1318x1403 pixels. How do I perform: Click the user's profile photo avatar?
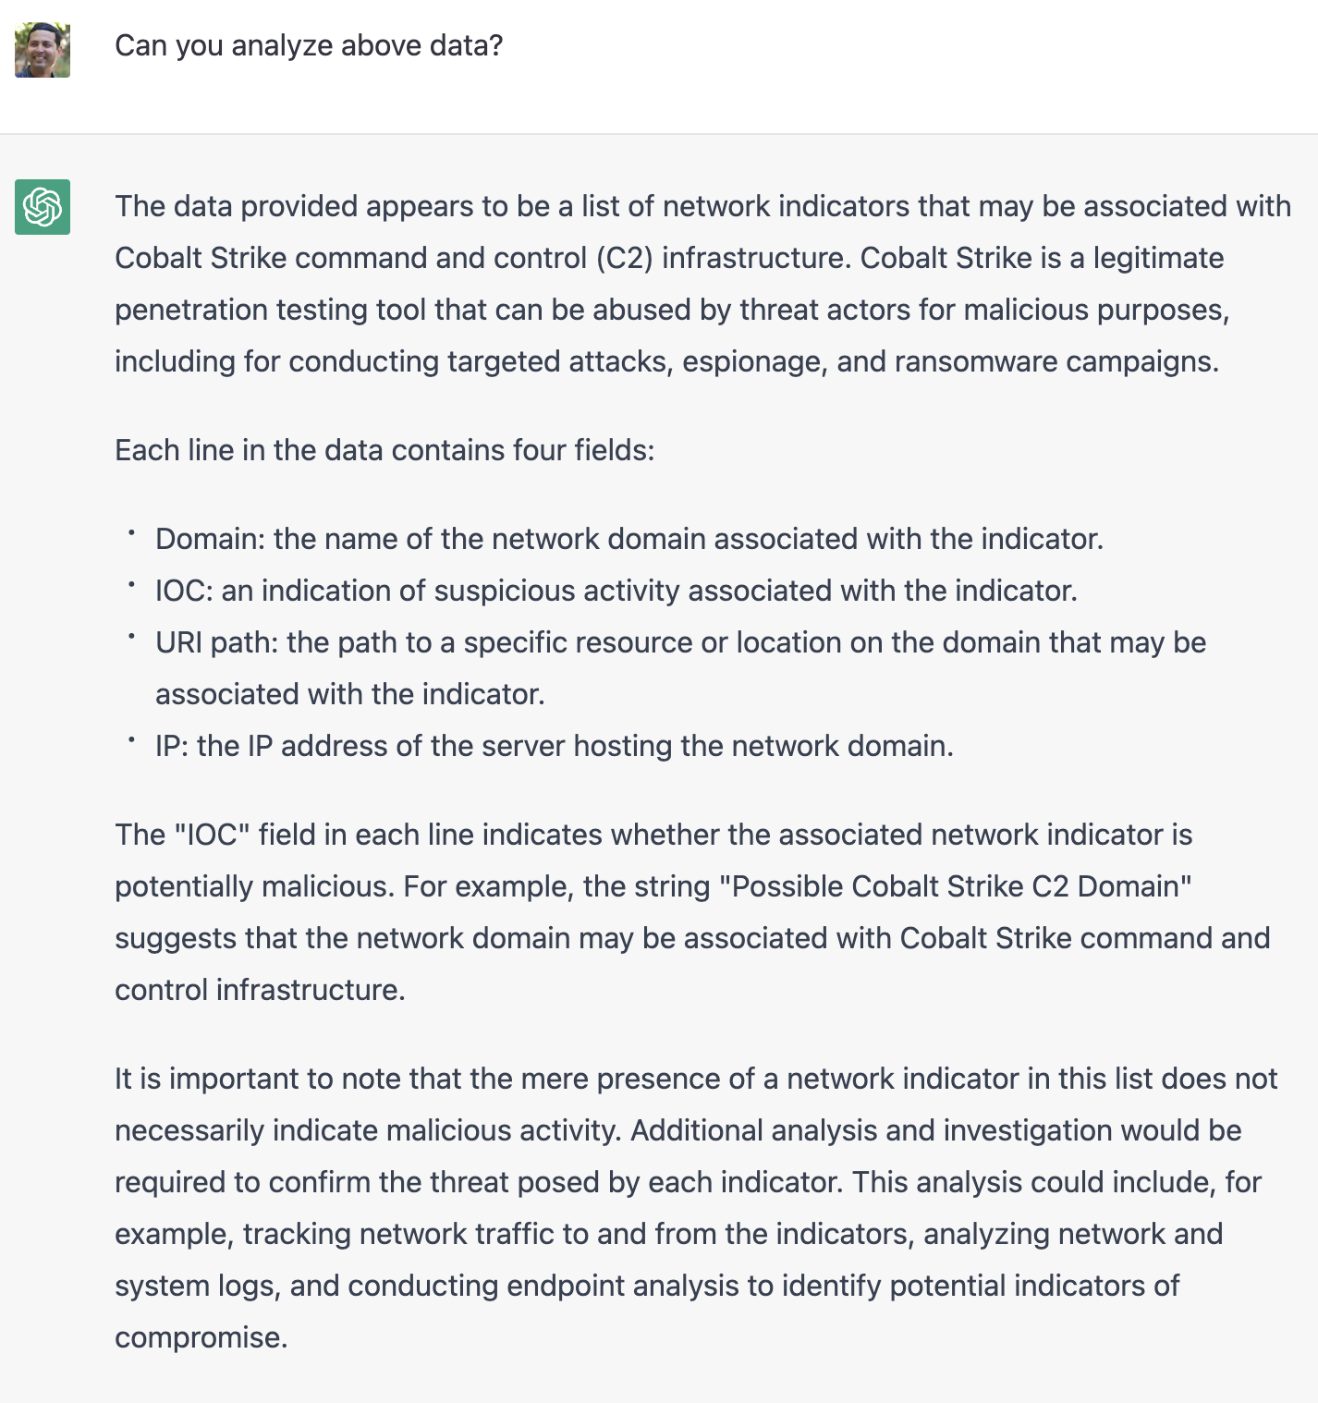(x=43, y=50)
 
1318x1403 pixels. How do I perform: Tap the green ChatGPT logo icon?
(x=43, y=207)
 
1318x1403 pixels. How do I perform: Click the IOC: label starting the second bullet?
(x=184, y=591)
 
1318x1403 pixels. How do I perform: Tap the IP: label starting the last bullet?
(x=172, y=746)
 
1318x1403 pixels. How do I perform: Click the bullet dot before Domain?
(x=132, y=533)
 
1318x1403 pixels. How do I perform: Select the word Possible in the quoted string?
(x=787, y=886)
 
